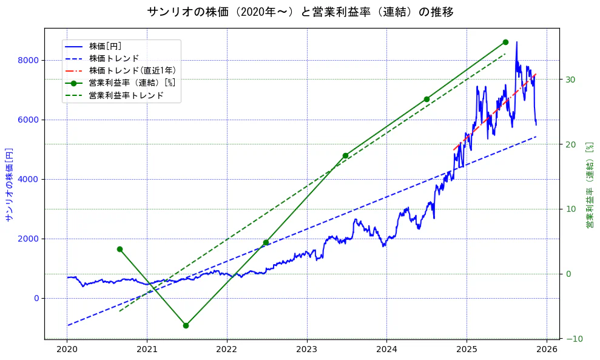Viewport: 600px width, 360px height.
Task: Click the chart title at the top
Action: pos(300,12)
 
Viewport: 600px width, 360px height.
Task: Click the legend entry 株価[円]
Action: pos(109,46)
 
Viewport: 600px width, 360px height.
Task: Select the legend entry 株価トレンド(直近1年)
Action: pos(132,70)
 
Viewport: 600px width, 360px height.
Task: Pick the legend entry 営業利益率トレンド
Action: pos(126,95)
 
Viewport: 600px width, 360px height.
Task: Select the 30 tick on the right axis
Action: pos(570,80)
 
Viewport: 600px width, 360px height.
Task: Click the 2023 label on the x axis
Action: pos(307,350)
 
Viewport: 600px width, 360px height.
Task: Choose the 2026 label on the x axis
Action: pos(547,350)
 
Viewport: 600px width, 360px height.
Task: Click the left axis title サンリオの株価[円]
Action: pos(8,184)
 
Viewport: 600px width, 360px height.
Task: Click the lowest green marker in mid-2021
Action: pos(186,325)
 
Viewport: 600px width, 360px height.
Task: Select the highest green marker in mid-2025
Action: pos(505,42)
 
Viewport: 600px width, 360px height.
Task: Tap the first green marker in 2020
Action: pos(120,249)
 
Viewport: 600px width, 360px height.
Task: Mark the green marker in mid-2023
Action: pos(345,155)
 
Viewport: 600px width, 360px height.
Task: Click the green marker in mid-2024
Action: pos(426,99)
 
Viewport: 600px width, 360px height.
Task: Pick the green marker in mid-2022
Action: pos(266,243)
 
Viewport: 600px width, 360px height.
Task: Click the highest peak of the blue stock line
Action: pos(516,42)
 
